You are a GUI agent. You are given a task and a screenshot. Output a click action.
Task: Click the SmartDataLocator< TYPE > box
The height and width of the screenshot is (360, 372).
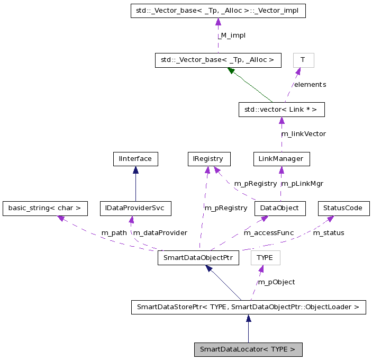point(248,349)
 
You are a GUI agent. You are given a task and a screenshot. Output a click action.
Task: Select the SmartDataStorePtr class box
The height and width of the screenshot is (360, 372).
point(248,307)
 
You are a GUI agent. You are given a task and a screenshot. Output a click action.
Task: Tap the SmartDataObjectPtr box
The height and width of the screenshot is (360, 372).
point(198,258)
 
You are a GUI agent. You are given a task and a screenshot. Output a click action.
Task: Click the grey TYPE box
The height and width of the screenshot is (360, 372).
point(265,258)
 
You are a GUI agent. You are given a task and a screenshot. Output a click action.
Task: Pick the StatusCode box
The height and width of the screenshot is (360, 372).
point(343,208)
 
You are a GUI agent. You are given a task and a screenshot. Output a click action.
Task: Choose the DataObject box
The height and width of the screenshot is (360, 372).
point(280,208)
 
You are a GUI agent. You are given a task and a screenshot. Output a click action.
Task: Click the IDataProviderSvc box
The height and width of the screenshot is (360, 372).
point(135,208)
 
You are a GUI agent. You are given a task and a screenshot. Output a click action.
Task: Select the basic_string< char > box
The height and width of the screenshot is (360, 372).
point(44,208)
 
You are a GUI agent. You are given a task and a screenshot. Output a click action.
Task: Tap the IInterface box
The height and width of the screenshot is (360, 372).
point(135,158)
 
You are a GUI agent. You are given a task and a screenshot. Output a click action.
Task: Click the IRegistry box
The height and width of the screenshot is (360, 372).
point(209,158)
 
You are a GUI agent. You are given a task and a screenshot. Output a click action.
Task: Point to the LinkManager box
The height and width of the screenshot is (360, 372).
point(281,158)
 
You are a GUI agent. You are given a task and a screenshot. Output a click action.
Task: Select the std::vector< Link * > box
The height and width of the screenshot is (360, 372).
point(281,110)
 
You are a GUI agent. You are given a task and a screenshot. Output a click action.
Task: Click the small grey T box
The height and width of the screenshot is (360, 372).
point(303,60)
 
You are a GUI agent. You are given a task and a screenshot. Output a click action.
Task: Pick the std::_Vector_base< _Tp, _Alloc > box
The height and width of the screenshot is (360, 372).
point(217,60)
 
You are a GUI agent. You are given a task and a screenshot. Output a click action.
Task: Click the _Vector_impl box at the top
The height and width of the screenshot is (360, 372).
point(218,11)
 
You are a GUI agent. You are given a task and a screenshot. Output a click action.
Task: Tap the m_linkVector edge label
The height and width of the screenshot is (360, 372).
point(303,134)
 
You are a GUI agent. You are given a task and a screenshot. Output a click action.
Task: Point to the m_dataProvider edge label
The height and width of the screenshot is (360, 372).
point(160,232)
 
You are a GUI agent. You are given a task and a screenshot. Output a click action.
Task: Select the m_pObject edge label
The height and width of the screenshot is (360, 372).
point(276,282)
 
